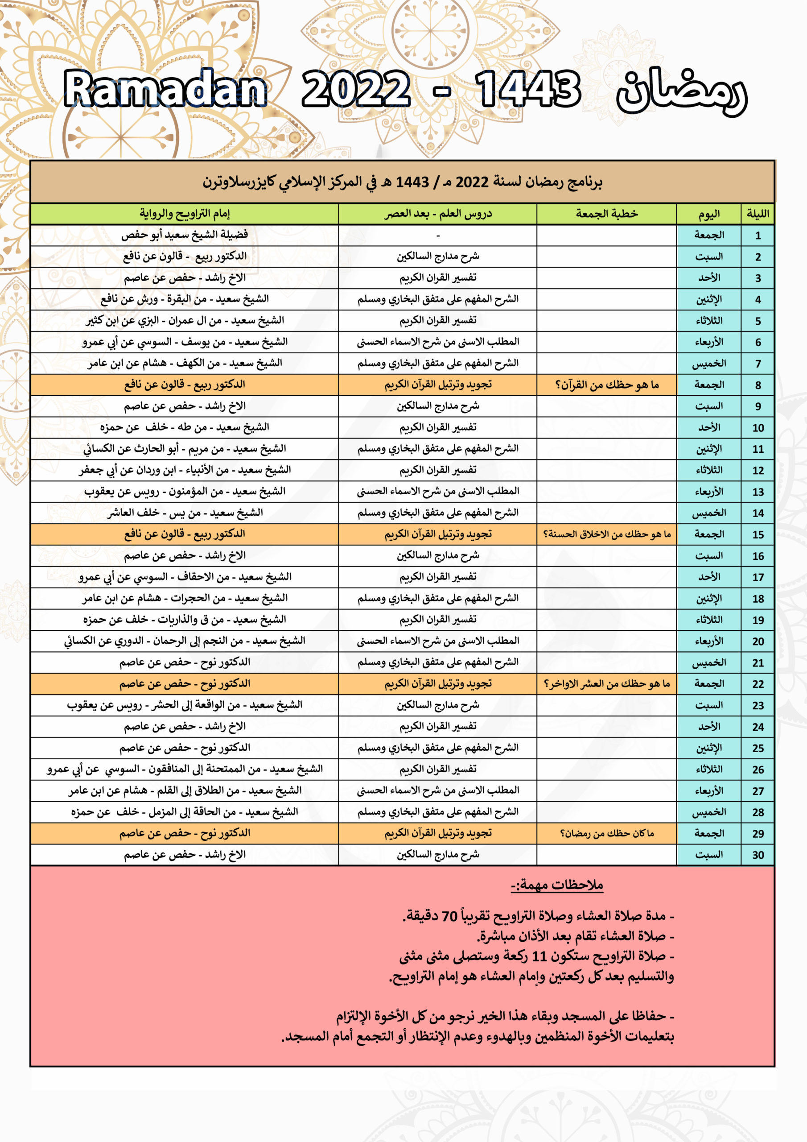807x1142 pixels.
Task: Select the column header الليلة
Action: [757, 214]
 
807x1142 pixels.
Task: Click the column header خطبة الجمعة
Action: [607, 214]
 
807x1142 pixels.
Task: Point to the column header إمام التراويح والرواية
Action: [185, 214]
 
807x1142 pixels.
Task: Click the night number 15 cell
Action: [757, 535]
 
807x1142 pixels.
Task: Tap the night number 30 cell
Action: [757, 855]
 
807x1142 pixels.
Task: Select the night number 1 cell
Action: [757, 235]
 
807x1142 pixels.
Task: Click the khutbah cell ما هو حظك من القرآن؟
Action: [607, 385]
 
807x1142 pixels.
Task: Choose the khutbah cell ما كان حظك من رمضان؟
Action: [607, 833]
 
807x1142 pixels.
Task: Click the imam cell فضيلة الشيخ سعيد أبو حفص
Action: [185, 235]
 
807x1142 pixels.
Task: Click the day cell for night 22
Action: [708, 683]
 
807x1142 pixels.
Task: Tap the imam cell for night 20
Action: [185, 641]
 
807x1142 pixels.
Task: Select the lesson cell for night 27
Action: [437, 790]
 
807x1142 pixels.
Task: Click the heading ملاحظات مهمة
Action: [557, 885]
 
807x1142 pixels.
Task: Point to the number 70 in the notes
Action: [449, 916]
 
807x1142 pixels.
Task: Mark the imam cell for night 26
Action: [185, 769]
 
